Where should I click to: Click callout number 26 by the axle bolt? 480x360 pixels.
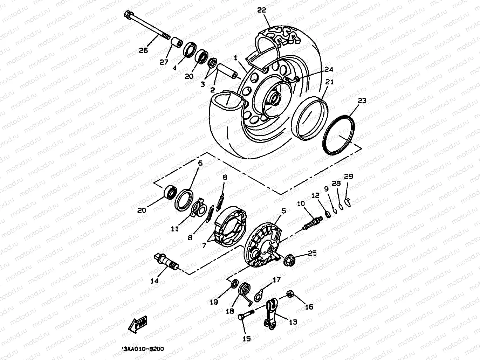(x=143, y=50)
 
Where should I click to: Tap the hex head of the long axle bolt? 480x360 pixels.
(x=128, y=15)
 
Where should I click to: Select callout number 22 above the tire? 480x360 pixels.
(x=262, y=10)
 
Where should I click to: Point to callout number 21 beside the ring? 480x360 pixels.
(x=329, y=82)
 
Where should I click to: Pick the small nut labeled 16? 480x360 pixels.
(x=290, y=294)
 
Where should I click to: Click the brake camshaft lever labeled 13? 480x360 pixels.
(x=270, y=314)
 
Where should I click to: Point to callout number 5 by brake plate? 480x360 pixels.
(x=283, y=211)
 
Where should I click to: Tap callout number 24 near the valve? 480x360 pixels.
(x=329, y=69)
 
